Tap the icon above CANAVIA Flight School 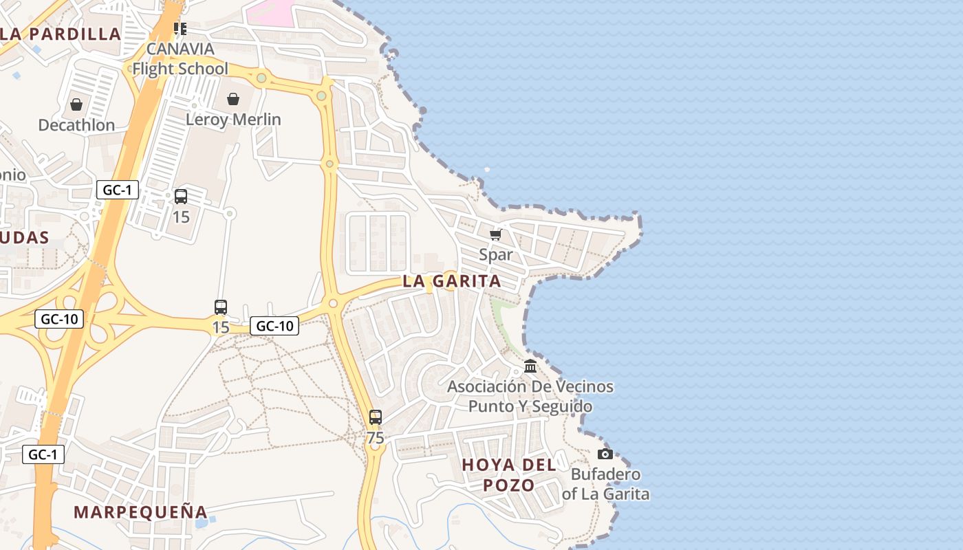(180, 28)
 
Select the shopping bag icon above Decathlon (76, 104)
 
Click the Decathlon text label (76, 125)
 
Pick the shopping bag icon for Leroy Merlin (233, 99)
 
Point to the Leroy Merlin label (233, 120)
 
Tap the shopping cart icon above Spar (495, 234)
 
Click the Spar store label (495, 255)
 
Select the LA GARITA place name (452, 281)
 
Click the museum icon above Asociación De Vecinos (530, 366)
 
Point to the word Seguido (559, 406)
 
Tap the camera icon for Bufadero (605, 454)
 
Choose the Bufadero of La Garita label (605, 484)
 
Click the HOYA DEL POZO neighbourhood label (509, 475)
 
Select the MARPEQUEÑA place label (140, 512)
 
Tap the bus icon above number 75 (375, 417)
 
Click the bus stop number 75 (375, 438)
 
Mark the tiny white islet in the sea (487, 169)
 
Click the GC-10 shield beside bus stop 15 (274, 326)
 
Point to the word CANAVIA (180, 49)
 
